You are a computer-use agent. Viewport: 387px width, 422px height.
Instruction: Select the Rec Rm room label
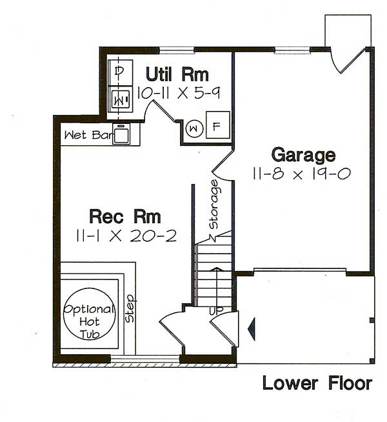[x=125, y=216]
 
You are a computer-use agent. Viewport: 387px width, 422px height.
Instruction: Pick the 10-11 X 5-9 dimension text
[x=179, y=93]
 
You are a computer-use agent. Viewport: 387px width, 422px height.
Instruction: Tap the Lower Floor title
[x=317, y=383]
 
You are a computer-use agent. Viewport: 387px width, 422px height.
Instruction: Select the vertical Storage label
[x=213, y=205]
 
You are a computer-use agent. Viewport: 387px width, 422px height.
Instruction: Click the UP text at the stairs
[x=217, y=311]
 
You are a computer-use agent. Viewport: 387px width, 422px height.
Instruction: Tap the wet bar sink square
[x=122, y=134]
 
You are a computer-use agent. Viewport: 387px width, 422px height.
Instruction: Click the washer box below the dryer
[x=120, y=99]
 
